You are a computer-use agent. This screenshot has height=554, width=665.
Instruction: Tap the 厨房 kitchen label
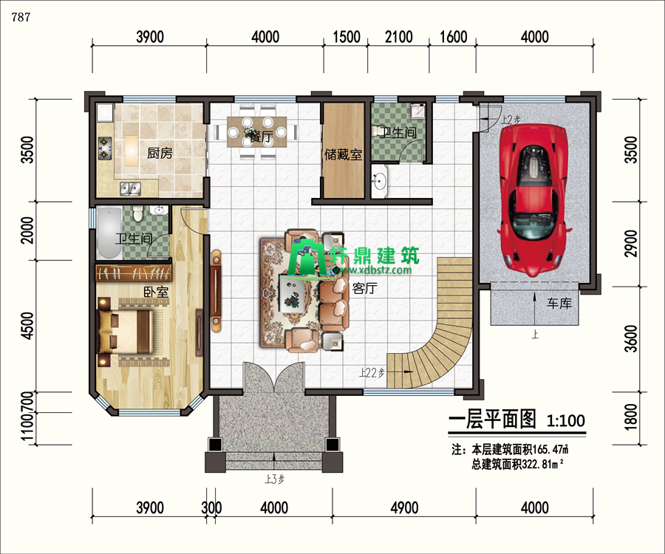click(x=160, y=154)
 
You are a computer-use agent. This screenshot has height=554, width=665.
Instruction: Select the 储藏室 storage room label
click(x=344, y=155)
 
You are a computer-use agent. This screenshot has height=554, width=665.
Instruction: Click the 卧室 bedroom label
click(x=156, y=293)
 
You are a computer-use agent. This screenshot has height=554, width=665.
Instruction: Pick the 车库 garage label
click(x=559, y=303)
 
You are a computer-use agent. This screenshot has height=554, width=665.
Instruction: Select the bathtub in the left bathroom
click(x=109, y=232)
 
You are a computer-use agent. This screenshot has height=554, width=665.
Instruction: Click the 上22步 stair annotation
click(x=372, y=373)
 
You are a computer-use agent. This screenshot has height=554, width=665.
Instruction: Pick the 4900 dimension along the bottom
click(x=405, y=507)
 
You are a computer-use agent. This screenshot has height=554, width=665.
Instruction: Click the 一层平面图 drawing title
click(x=492, y=420)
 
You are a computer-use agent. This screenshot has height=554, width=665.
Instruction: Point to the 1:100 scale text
click(x=565, y=421)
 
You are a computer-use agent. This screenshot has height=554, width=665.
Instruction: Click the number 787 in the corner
click(x=21, y=18)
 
